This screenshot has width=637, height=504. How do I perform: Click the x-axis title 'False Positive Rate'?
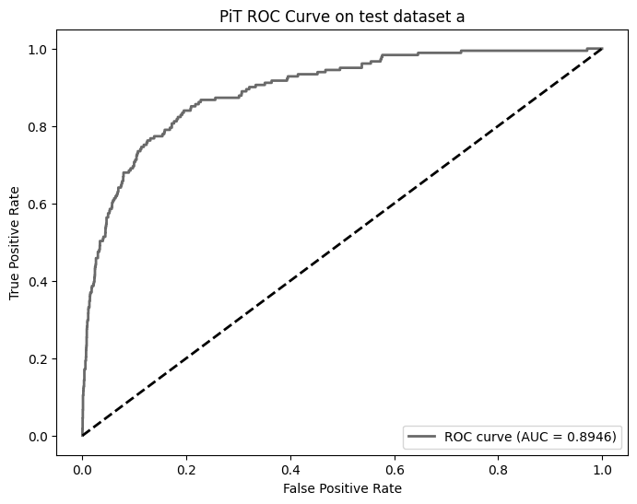tap(342, 487)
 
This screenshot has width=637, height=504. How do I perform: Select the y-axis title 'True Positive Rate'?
tap(15, 241)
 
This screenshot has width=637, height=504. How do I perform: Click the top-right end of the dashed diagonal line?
tap(602, 49)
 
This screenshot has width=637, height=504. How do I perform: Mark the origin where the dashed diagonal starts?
tap(82, 435)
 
